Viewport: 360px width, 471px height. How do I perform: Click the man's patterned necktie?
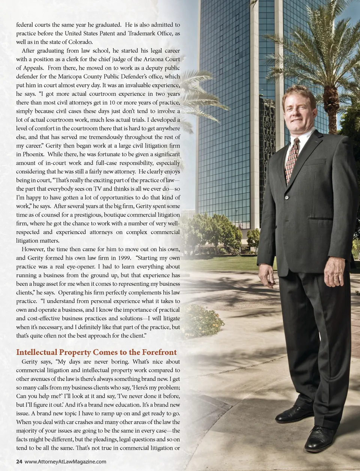(291, 160)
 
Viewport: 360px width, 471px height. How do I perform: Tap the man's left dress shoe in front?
(319, 438)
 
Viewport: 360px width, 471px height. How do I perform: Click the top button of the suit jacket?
(287, 197)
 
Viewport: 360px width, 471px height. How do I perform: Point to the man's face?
(299, 110)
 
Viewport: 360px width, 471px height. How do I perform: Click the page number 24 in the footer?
(19, 462)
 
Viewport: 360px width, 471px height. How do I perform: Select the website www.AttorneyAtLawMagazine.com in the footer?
(65, 462)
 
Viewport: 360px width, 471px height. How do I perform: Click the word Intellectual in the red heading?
(37, 352)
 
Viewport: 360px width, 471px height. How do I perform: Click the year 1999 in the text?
(124, 258)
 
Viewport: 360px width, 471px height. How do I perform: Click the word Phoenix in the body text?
(33, 154)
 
